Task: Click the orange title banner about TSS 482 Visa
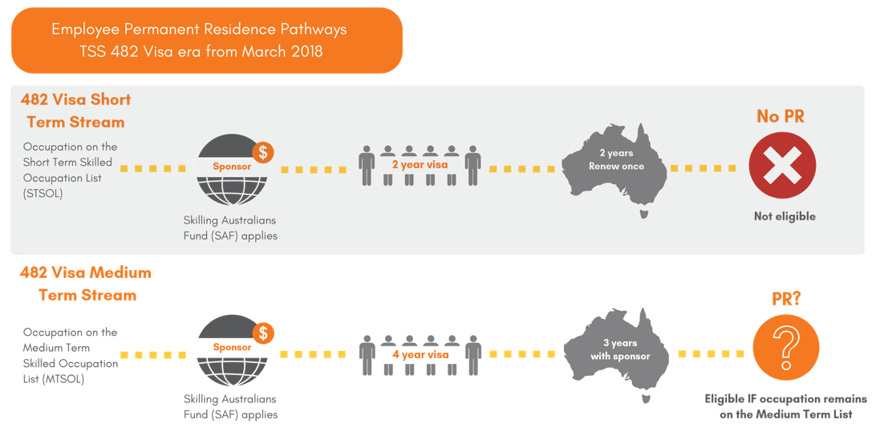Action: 206,40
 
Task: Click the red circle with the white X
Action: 782,166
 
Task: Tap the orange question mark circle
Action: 785,348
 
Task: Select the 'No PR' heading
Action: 781,117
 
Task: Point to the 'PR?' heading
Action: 785,299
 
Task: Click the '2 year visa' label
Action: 420,164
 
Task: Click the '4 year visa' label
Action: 420,353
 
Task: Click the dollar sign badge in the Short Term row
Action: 262,152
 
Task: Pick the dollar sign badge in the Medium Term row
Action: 262,333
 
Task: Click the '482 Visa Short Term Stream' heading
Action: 75,111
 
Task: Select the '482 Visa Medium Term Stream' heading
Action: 86,284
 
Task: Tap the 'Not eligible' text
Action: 784,216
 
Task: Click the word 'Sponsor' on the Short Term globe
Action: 232,167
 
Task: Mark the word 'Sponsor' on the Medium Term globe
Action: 232,348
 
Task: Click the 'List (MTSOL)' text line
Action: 54,379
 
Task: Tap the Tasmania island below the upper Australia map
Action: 643,214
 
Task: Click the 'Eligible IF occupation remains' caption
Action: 785,399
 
